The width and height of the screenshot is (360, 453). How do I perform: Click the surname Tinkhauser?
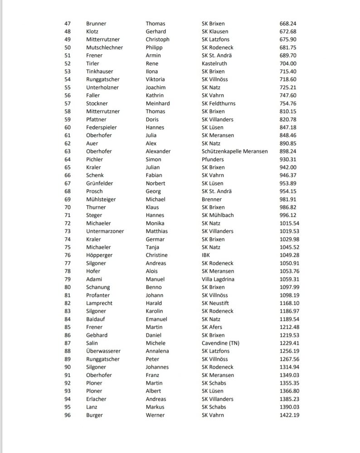[x=100, y=72]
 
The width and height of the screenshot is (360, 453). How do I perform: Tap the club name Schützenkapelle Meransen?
[x=234, y=151]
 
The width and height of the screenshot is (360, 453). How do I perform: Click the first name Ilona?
[x=152, y=72]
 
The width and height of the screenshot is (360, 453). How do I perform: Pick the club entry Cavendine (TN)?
[x=221, y=343]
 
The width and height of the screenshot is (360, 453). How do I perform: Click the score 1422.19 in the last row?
[x=290, y=415]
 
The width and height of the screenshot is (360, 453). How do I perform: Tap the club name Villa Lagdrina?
[x=218, y=279]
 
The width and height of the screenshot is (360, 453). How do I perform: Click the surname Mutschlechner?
[x=104, y=48]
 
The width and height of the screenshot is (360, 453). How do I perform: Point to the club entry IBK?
[x=206, y=255]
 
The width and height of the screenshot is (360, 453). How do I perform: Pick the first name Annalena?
[x=157, y=351]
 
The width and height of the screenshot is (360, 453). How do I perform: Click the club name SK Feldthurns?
[x=219, y=103]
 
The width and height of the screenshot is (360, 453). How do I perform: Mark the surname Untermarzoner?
[x=105, y=231]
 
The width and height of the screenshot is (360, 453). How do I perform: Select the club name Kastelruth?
[x=215, y=63]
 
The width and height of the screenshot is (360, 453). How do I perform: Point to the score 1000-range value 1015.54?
[x=290, y=223]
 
